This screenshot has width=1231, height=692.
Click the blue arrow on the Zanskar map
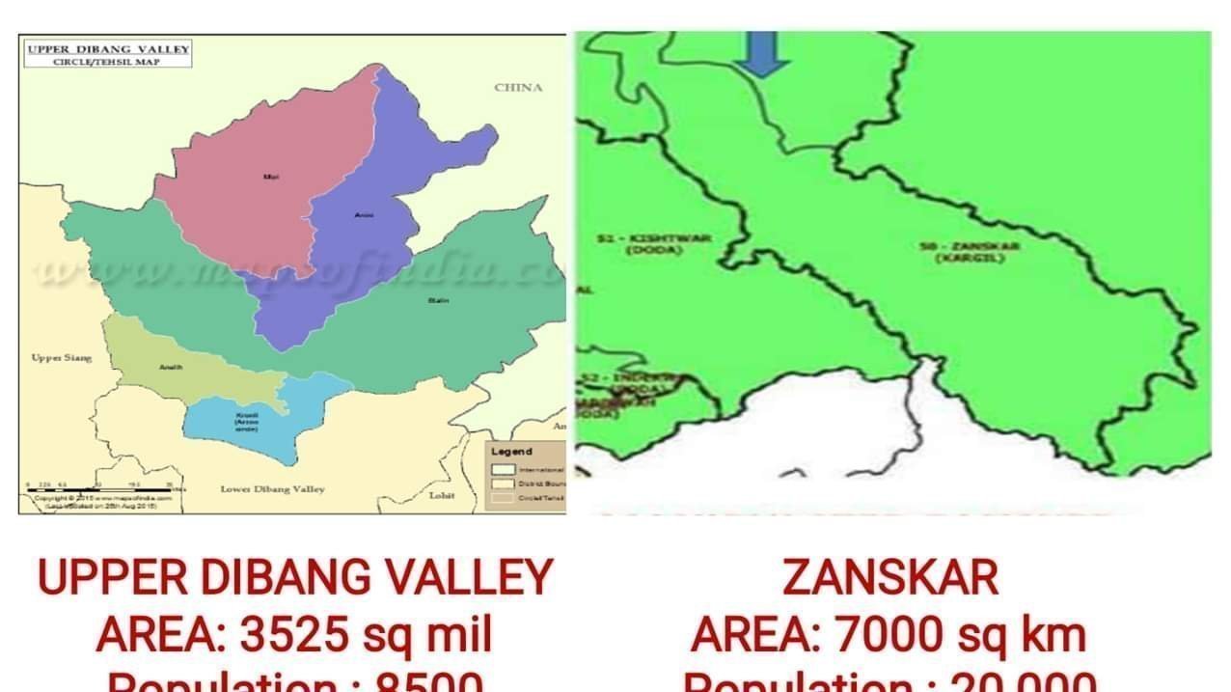(761, 53)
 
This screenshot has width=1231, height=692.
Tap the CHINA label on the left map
(518, 88)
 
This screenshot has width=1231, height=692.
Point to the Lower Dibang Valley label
(273, 489)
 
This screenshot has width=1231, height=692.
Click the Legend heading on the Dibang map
(511, 452)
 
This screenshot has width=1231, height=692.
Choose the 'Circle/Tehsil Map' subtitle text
(107, 61)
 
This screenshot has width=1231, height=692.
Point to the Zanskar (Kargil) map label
(955, 252)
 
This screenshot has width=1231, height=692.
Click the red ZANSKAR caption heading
(889, 577)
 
